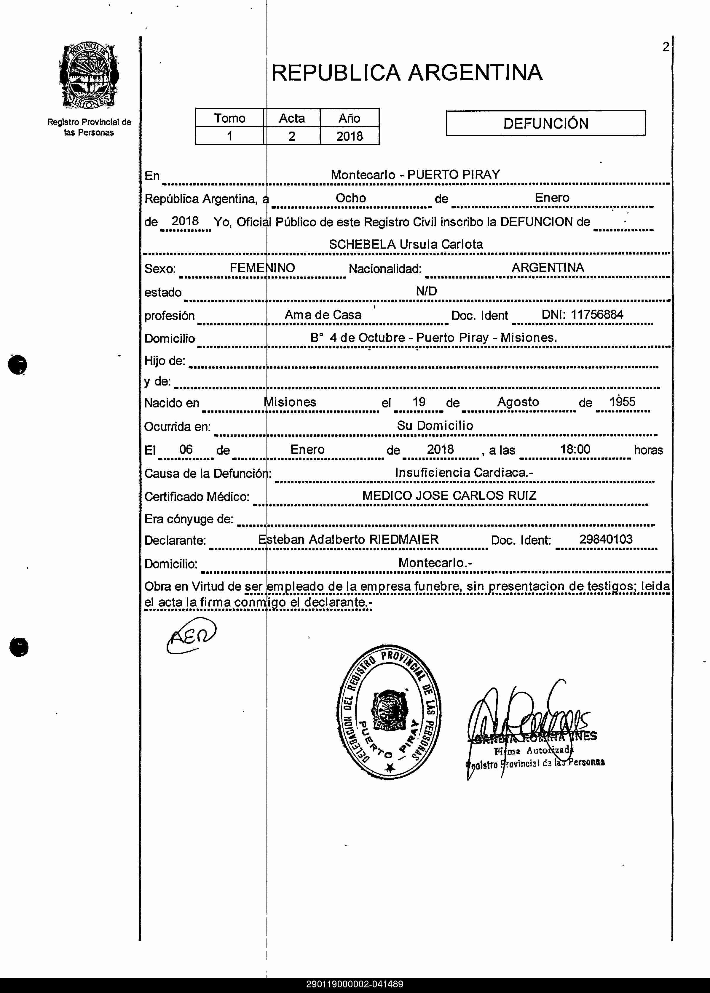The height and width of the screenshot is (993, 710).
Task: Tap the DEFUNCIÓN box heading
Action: tap(545, 123)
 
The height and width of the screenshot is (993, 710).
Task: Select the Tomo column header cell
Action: tap(229, 118)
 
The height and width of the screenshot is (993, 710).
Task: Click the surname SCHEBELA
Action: tap(362, 244)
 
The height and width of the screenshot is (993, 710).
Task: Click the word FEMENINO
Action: tap(262, 268)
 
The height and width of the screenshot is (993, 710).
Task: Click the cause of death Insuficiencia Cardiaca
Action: tap(463, 472)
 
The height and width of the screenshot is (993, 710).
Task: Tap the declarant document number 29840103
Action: tap(606, 539)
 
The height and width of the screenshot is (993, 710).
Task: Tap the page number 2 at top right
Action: tap(666, 47)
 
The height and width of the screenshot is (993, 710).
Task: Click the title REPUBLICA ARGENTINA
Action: tap(407, 73)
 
